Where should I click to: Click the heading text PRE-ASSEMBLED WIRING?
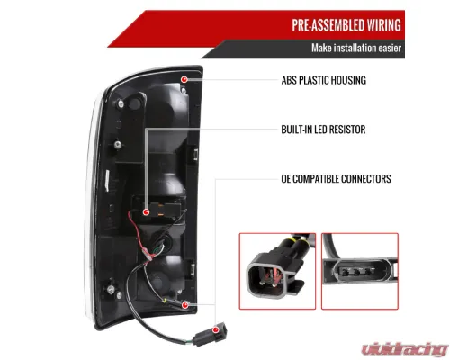[346, 25]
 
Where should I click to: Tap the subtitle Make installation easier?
[356, 48]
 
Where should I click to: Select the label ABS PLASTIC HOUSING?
[324, 80]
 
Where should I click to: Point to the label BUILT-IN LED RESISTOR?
[323, 130]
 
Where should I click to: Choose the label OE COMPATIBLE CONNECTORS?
[336, 179]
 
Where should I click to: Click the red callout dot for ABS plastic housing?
[184, 79]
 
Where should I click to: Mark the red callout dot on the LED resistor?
[146, 212]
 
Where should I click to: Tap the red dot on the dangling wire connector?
[215, 330]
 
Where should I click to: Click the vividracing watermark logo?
[405, 349]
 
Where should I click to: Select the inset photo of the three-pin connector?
[360, 271]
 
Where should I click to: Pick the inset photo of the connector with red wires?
[277, 271]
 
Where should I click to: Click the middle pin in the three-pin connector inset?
[356, 273]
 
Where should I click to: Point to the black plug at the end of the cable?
[210, 334]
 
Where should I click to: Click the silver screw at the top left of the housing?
[121, 104]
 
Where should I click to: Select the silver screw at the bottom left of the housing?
[111, 289]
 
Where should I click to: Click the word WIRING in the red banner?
[384, 25]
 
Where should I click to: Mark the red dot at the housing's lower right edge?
[185, 305]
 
